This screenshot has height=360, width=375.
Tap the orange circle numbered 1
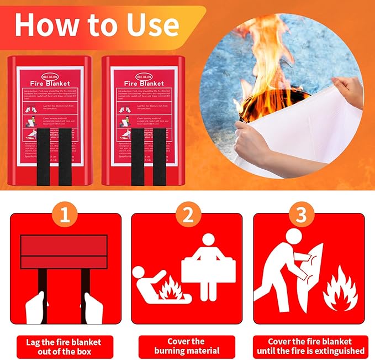click(x=65, y=216)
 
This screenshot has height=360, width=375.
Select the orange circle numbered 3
click(x=301, y=216)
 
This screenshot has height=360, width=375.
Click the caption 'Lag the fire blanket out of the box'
click(x=65, y=346)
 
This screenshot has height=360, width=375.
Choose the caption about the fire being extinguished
click(x=309, y=346)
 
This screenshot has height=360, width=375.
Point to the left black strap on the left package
click(x=43, y=149)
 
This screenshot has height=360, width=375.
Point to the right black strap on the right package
click(x=160, y=149)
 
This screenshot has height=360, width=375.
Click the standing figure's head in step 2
click(x=208, y=241)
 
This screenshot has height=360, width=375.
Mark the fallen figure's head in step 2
click(x=140, y=274)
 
